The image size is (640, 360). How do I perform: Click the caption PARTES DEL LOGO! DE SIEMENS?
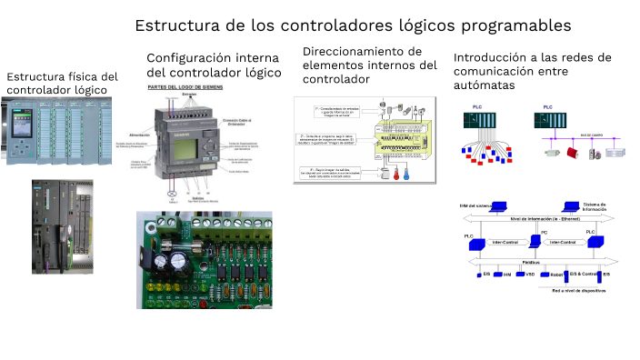(186, 86)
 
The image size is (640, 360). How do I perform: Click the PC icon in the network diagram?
(544, 239)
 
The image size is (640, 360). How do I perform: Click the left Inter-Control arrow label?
(505, 242)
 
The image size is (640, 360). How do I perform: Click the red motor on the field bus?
(573, 154)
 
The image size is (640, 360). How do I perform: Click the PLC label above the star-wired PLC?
(477, 107)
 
